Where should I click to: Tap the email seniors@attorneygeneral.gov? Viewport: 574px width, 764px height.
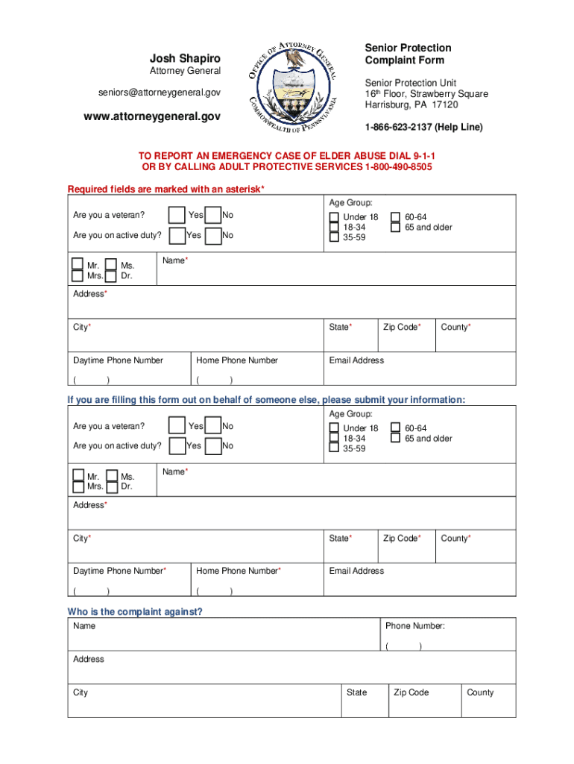[x=160, y=92]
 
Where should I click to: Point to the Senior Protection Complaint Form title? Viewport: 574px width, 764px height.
[x=408, y=54]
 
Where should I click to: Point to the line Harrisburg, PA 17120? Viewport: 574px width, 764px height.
[x=411, y=104]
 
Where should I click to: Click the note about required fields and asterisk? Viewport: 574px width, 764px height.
[x=165, y=189]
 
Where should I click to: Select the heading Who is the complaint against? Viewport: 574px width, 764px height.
[x=135, y=612]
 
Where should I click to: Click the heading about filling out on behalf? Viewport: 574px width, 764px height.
[x=266, y=400]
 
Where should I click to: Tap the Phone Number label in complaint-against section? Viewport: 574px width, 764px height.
[x=414, y=626]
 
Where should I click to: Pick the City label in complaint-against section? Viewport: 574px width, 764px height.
[x=81, y=692]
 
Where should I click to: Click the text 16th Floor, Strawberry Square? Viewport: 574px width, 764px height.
[x=426, y=94]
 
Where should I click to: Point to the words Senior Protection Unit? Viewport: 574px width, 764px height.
[x=410, y=83]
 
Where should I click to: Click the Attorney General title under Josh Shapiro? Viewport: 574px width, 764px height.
[x=185, y=71]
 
